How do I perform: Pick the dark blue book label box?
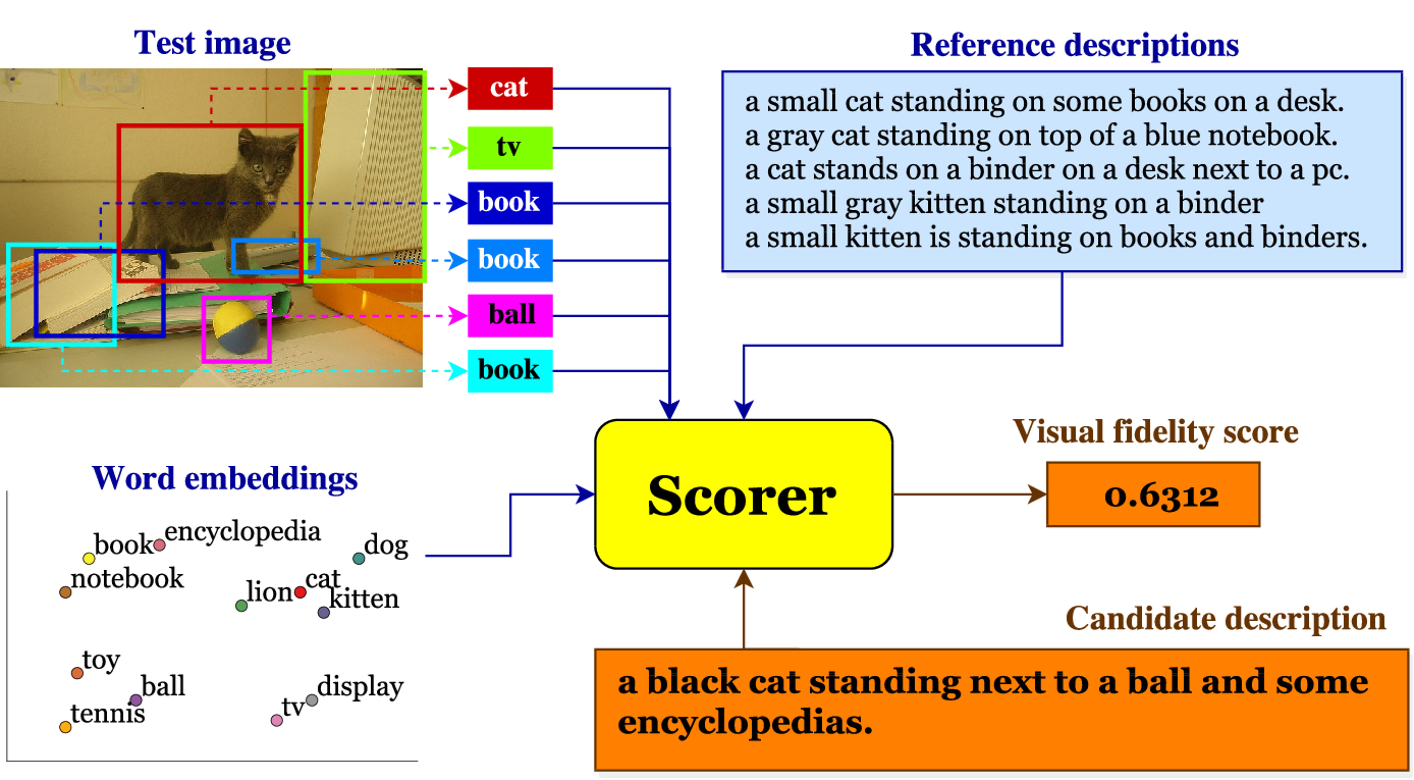[x=509, y=203]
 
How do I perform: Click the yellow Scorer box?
[x=743, y=494]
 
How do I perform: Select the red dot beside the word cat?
[x=300, y=592]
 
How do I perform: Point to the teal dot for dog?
[x=358, y=559]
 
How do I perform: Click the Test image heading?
[x=213, y=43]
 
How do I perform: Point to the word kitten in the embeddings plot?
[x=365, y=599]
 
